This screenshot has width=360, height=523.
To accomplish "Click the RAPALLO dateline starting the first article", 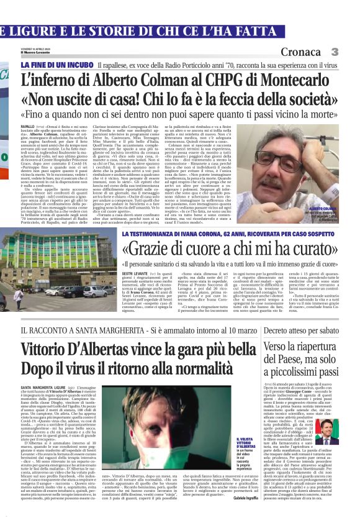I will click(x=29, y=125).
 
